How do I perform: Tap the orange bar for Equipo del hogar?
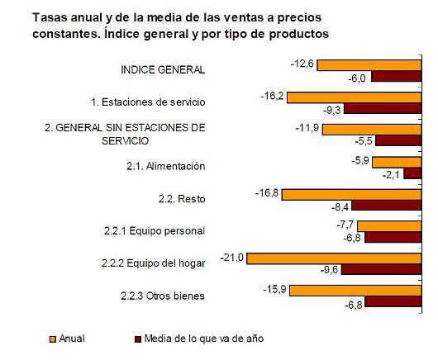click(334, 258)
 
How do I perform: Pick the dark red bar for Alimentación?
click(412, 173)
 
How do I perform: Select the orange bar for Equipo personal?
click(388, 226)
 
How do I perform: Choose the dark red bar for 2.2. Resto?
click(388, 206)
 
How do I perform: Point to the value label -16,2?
click(272, 97)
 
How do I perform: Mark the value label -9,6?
click(328, 269)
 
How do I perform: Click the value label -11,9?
click(307, 129)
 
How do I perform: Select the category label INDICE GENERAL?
click(164, 69)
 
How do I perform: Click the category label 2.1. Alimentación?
click(165, 166)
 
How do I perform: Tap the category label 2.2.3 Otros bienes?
click(164, 296)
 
